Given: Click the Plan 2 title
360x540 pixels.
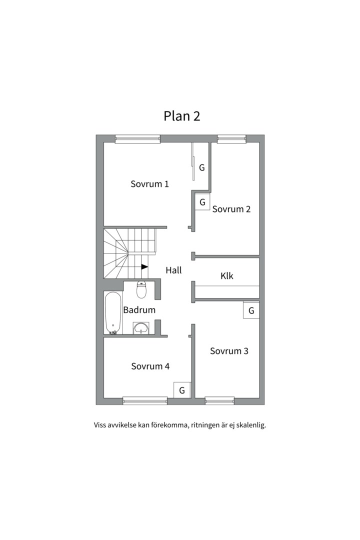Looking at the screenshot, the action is [181, 116].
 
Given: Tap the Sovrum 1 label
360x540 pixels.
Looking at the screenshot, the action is [149, 184].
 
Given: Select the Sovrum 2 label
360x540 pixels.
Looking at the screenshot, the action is [231, 209].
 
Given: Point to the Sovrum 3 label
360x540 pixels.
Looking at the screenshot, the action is [229, 351].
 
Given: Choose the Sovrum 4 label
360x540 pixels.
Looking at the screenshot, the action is [150, 366].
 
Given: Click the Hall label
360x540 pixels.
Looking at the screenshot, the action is [173, 270].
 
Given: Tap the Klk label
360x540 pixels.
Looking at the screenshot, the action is [227, 276].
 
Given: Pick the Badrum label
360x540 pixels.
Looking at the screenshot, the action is [139, 310].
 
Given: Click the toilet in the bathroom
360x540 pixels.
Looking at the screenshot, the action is [141, 289].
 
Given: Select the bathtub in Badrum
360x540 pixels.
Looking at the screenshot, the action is [112, 313].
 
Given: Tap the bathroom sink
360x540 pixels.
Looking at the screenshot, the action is [141, 328].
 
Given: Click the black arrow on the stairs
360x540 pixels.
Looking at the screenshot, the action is [144, 266].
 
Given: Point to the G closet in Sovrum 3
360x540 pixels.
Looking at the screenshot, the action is [251, 310].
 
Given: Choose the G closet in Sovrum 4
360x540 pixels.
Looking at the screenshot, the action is [182, 390].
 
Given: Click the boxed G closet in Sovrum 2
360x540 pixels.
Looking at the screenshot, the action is [202, 202].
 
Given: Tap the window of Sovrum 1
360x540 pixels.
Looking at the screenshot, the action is [137, 139].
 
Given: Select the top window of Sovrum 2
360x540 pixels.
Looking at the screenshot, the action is [231, 139].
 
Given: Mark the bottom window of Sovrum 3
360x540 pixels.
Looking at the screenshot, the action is [220, 400].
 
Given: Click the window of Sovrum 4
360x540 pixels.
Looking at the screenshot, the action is [145, 400].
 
